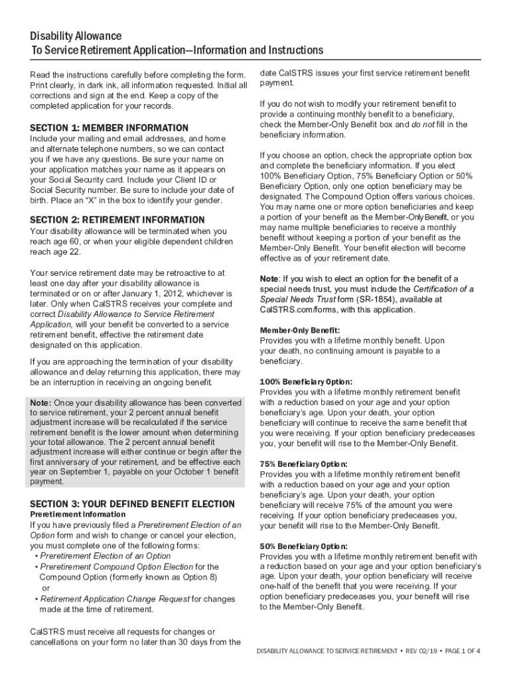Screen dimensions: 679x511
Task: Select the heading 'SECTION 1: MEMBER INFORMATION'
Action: (110, 128)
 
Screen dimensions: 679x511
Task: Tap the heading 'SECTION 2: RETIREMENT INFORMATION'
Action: (117, 219)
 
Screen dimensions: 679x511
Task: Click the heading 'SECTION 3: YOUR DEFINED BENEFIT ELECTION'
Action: (133, 504)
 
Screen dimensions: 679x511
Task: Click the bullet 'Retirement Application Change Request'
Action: (115, 599)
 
